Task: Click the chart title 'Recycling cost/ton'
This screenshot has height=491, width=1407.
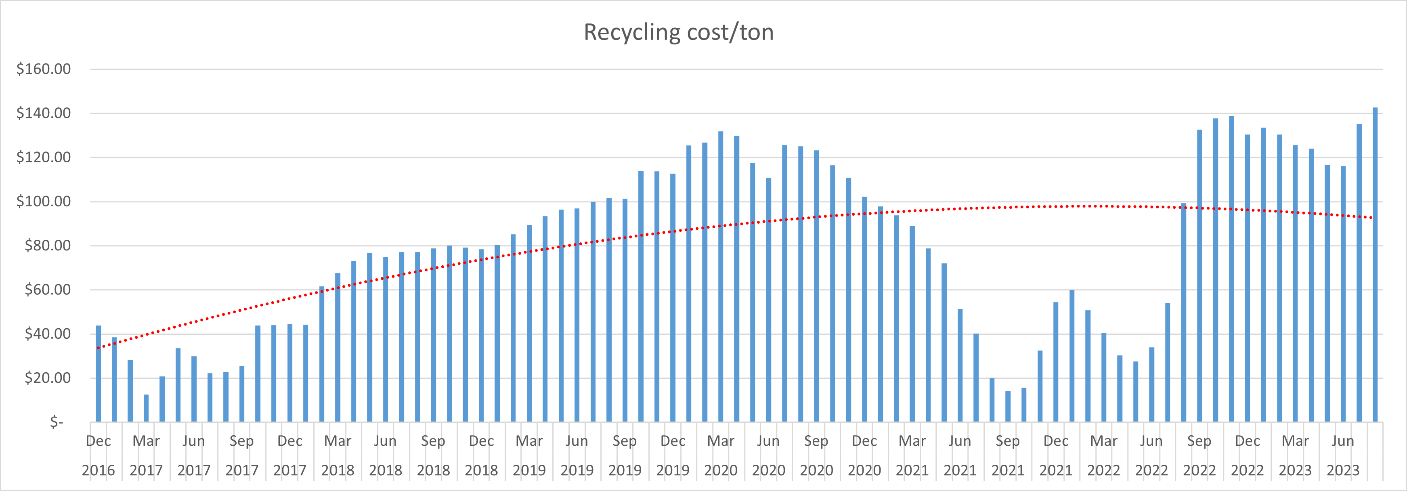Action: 678,32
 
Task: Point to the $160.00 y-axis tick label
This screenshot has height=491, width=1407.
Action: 44,69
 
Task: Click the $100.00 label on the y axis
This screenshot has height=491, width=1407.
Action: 44,201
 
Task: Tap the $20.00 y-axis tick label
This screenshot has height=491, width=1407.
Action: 48,378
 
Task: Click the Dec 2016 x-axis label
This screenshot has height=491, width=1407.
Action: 99,455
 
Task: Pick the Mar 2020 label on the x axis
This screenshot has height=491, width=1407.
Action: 720,455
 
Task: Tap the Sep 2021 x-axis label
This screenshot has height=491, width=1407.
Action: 1008,455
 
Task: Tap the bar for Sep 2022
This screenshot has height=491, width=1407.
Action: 1199,276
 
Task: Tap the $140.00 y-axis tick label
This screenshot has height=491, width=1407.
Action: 44,113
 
